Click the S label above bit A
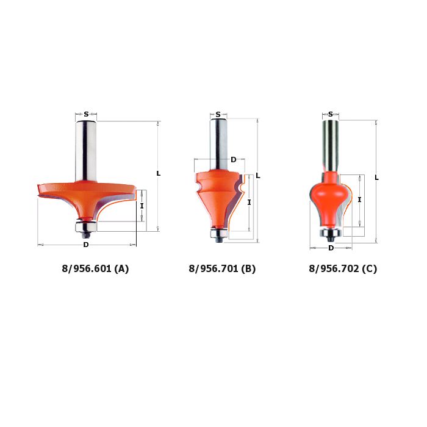click(86, 114)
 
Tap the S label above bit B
click(218, 115)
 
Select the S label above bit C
click(331, 114)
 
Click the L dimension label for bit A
click(158, 173)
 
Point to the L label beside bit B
click(258, 176)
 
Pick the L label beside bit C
click(376, 178)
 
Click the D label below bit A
click(86, 245)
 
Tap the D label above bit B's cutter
click(234, 160)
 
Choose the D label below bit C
click(331, 248)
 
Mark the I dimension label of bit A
click(142, 206)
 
